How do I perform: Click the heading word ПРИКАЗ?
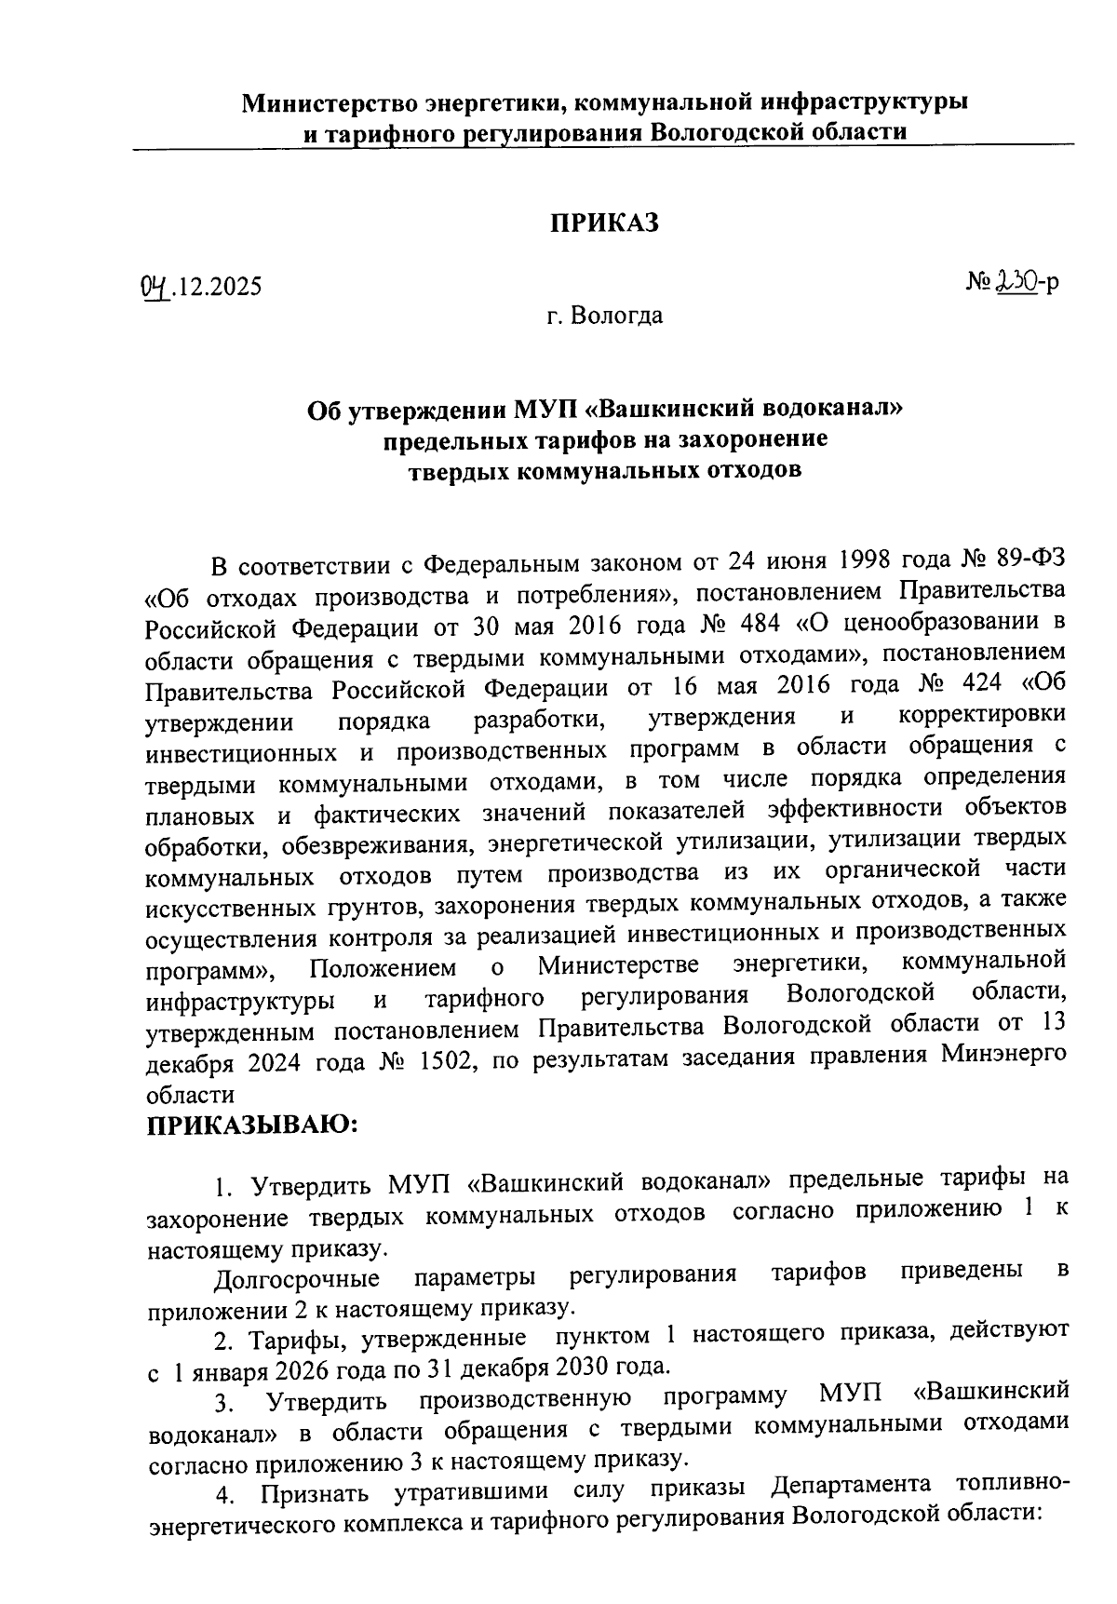(605, 223)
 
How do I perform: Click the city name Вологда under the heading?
(617, 316)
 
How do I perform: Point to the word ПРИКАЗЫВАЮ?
(252, 1125)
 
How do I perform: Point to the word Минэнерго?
(1003, 1054)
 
